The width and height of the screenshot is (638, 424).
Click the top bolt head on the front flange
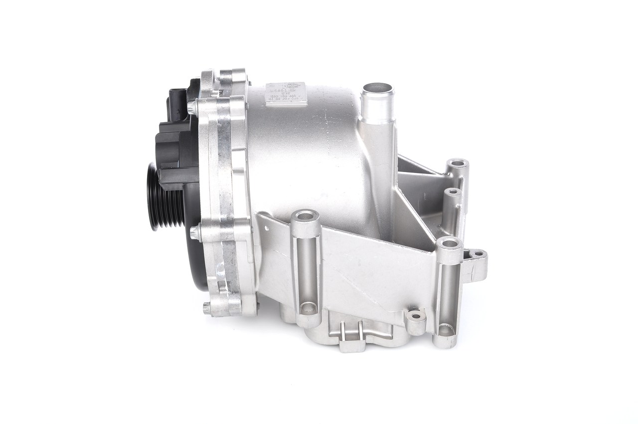tap(193, 106)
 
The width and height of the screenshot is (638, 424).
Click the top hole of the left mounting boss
tap(306, 216)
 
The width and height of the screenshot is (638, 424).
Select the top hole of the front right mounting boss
tap(449, 243)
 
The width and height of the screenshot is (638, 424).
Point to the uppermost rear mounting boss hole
tap(457, 164)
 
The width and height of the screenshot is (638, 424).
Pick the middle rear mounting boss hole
tap(453, 192)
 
